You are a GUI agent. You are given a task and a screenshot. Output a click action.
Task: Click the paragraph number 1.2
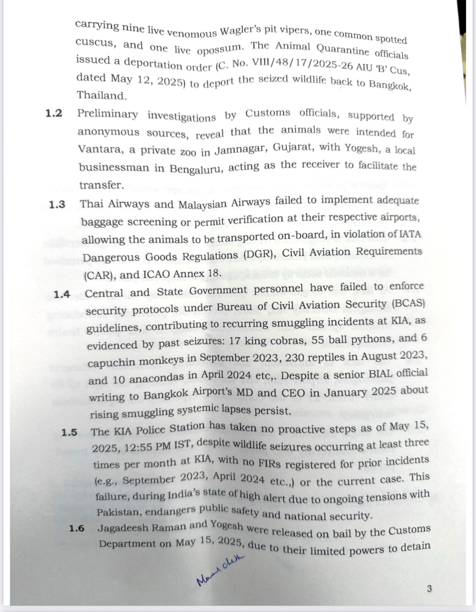pyautogui.click(x=54, y=113)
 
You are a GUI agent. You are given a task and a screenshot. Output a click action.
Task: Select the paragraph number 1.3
pyautogui.click(x=57, y=204)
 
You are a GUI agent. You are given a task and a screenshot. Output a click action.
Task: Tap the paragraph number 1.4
pyautogui.click(x=62, y=294)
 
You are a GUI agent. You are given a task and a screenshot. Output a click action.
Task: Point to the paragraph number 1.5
pyautogui.click(x=70, y=432)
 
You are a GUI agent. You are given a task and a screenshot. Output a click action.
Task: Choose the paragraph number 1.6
pyautogui.click(x=76, y=529)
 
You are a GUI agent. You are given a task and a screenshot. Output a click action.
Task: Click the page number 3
pyautogui.click(x=429, y=589)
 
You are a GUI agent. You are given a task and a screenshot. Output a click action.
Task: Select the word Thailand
pyautogui.click(x=102, y=96)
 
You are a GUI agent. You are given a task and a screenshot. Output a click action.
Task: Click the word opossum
pyautogui.click(x=220, y=50)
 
